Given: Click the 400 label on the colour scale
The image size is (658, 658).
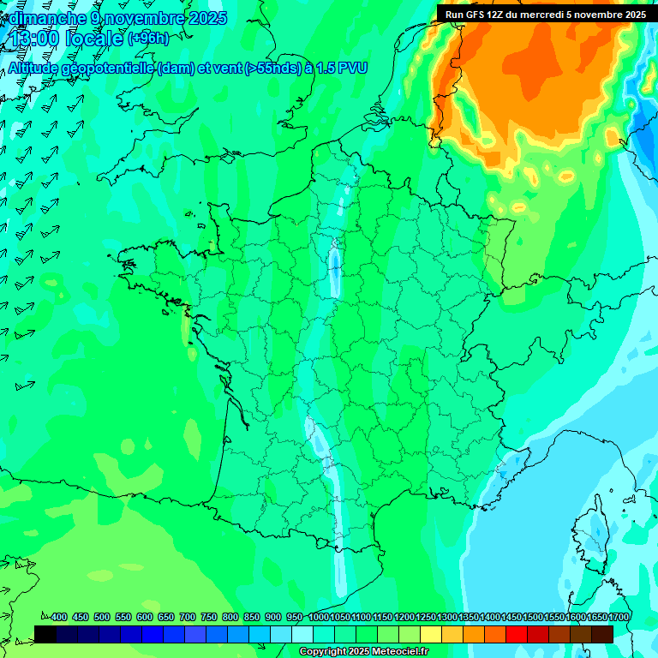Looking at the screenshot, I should point(59,617).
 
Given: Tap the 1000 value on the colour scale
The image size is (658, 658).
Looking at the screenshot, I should point(319,617).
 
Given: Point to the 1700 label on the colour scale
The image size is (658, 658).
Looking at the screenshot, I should point(619,617).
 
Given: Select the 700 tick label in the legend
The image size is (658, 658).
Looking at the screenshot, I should point(188,617).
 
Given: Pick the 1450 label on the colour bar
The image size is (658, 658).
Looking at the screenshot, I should point(511,617).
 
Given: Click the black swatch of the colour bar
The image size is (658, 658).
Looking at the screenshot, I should point(45,634).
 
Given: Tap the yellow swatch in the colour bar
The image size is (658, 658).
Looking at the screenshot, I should point(431,634).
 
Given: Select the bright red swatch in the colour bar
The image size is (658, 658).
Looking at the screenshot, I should point(517,634).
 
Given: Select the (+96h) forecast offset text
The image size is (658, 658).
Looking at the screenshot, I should point(147,39).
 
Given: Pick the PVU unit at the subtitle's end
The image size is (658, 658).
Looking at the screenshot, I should point(352,69).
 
